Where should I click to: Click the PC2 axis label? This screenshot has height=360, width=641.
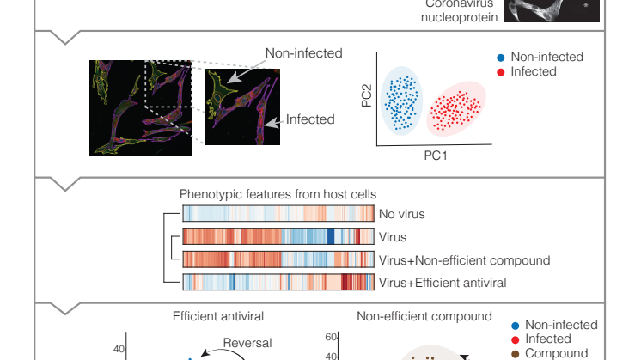click(x=366, y=95)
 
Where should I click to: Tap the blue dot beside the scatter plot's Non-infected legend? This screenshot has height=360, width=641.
click(x=501, y=58)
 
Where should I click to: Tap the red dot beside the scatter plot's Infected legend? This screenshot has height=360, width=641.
click(x=501, y=71)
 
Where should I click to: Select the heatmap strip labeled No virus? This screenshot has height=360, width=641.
click(x=278, y=215)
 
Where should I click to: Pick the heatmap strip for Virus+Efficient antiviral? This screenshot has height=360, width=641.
click(x=278, y=282)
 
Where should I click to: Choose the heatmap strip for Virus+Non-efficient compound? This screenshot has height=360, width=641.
click(x=278, y=259)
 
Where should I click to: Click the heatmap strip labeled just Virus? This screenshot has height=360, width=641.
click(x=278, y=237)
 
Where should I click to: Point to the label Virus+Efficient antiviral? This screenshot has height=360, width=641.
click(x=443, y=282)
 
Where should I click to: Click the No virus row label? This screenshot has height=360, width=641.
click(x=400, y=215)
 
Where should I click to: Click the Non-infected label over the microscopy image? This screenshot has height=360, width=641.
click(x=303, y=53)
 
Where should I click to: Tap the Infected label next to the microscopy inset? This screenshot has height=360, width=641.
click(x=310, y=119)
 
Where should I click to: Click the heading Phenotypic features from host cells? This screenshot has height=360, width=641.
click(x=278, y=195)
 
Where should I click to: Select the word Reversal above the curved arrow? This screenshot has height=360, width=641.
click(x=247, y=343)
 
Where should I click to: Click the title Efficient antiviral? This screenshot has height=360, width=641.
click(x=217, y=316)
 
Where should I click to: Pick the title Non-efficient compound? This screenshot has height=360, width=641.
click(x=424, y=316)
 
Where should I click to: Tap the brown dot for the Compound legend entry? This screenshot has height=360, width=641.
click(x=515, y=353)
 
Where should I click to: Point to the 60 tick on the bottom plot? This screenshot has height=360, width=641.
click(x=331, y=338)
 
